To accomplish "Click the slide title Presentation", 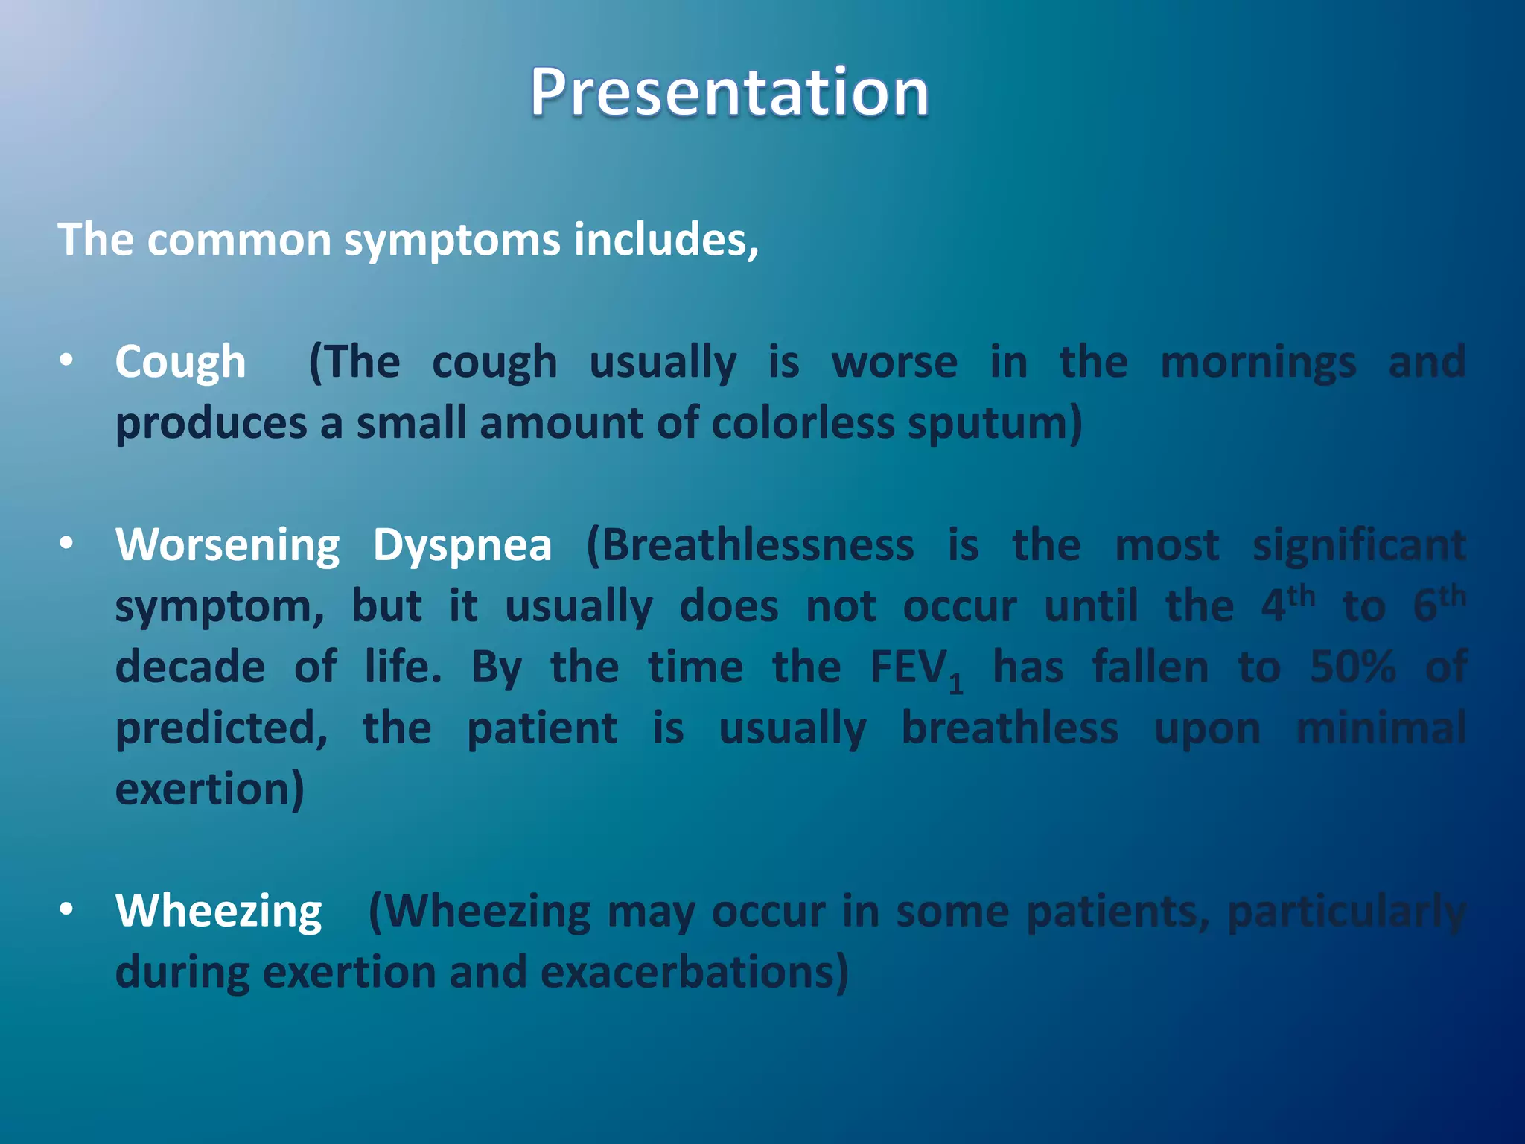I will [729, 92].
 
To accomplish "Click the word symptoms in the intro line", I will [452, 241].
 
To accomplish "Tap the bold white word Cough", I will [180, 363].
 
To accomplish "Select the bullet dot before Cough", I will [67, 361].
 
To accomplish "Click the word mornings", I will [1258, 363].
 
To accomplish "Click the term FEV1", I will [916, 668].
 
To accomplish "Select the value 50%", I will [1352, 667].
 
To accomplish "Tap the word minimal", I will [1381, 728].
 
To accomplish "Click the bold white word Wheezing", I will [218, 911].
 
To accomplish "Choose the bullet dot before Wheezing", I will [67, 909].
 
